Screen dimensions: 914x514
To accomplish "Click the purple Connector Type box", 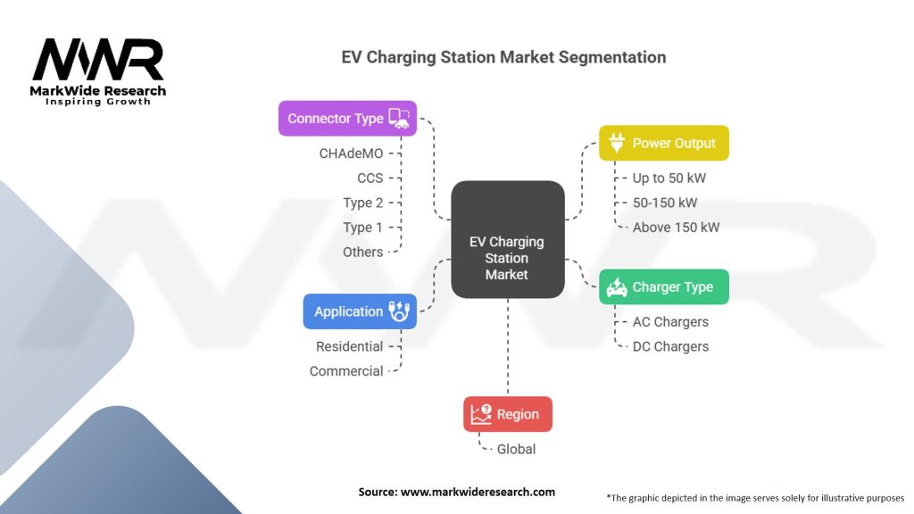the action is (x=347, y=119).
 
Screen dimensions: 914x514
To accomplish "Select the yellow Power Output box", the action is (x=664, y=143).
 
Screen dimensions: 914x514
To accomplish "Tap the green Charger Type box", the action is (x=664, y=286).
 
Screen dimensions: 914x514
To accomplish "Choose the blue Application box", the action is (x=360, y=311).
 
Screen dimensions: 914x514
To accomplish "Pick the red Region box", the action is (x=508, y=414).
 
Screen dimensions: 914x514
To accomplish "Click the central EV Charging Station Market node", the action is (x=508, y=239).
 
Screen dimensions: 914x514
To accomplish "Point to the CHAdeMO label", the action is (x=351, y=153).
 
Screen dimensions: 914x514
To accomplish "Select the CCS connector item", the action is (x=370, y=178).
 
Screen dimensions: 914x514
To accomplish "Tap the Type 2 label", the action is (x=362, y=203).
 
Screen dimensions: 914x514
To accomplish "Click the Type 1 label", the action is (x=362, y=228).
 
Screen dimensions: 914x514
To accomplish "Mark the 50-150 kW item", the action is (x=665, y=203).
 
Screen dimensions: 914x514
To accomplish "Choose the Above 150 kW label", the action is (x=677, y=228).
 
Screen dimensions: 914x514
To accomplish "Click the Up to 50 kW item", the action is (x=669, y=178).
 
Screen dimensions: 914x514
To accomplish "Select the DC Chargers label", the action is (x=671, y=346).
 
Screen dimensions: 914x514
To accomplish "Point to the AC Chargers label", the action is (x=671, y=321).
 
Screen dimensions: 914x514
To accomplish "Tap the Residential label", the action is (x=349, y=346).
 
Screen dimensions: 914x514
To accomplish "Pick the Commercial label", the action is (x=346, y=371).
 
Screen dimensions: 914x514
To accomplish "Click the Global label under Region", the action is (x=516, y=450).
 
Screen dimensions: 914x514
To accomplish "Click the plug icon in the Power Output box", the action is (x=617, y=143).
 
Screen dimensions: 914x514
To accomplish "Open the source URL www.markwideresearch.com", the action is (x=478, y=492).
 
